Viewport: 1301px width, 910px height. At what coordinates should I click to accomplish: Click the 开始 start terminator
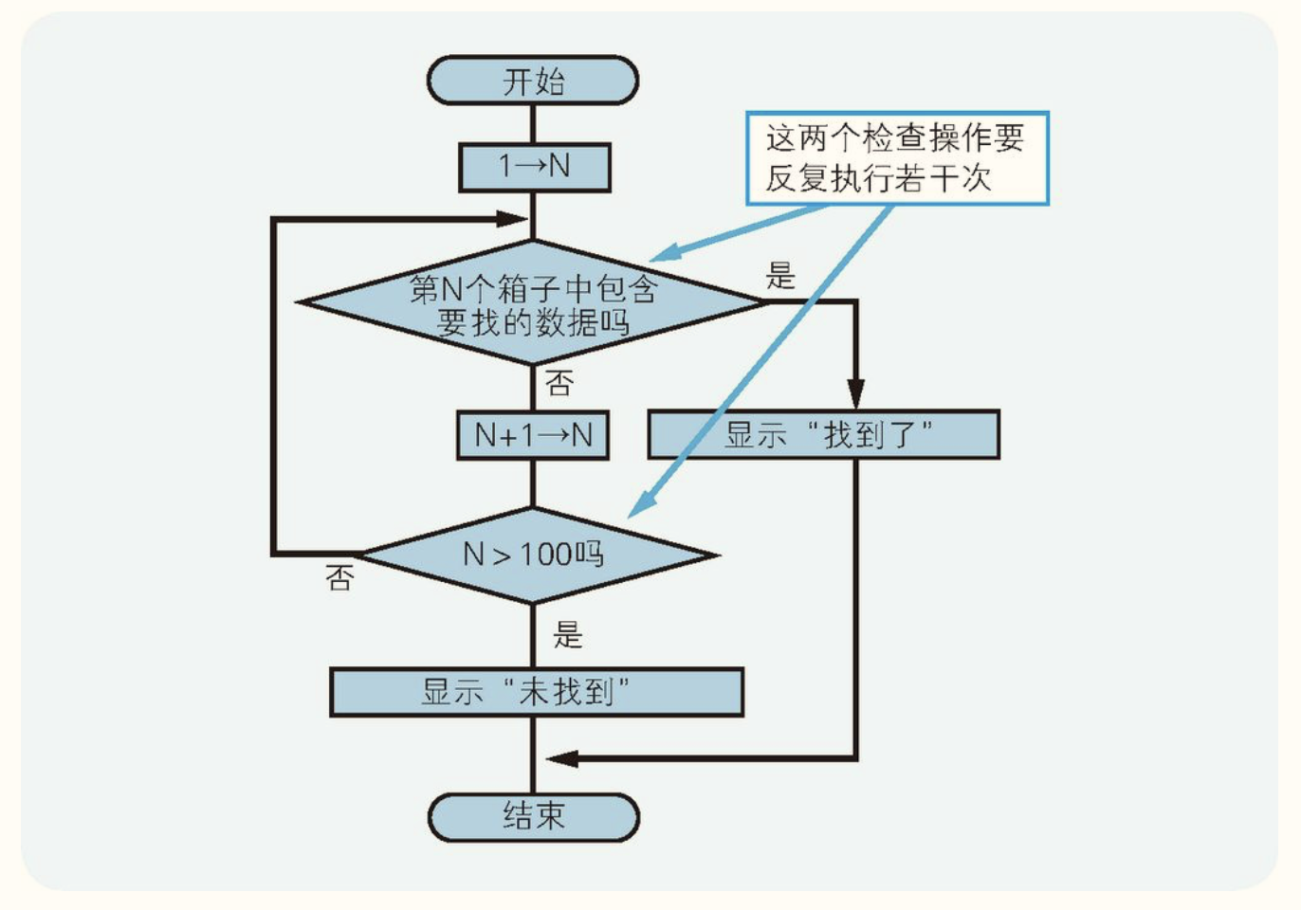click(533, 81)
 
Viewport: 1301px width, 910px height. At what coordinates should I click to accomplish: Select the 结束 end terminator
click(533, 816)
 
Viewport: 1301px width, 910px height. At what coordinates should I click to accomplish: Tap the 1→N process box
click(534, 167)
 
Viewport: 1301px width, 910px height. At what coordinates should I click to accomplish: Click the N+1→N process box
click(533, 435)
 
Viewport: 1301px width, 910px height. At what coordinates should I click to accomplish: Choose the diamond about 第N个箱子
click(533, 302)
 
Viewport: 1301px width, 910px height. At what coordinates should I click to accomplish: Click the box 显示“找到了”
click(823, 435)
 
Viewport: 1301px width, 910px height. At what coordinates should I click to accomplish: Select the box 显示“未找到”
click(536, 692)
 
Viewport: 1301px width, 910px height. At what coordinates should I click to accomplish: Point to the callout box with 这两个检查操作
click(896, 158)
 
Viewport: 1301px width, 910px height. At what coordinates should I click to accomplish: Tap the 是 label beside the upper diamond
click(780, 276)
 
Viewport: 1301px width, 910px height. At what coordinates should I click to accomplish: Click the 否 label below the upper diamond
click(559, 383)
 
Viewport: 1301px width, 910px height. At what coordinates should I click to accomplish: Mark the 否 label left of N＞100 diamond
click(339, 577)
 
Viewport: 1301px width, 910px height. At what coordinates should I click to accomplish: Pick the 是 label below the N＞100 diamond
click(568, 634)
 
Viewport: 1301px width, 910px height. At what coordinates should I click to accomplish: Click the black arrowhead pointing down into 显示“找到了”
click(855, 394)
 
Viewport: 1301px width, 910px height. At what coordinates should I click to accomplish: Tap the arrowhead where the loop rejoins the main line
click(511, 219)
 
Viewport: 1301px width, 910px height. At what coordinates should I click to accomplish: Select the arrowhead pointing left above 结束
click(562, 758)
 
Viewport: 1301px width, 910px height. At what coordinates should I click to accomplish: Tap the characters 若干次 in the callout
click(960, 178)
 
